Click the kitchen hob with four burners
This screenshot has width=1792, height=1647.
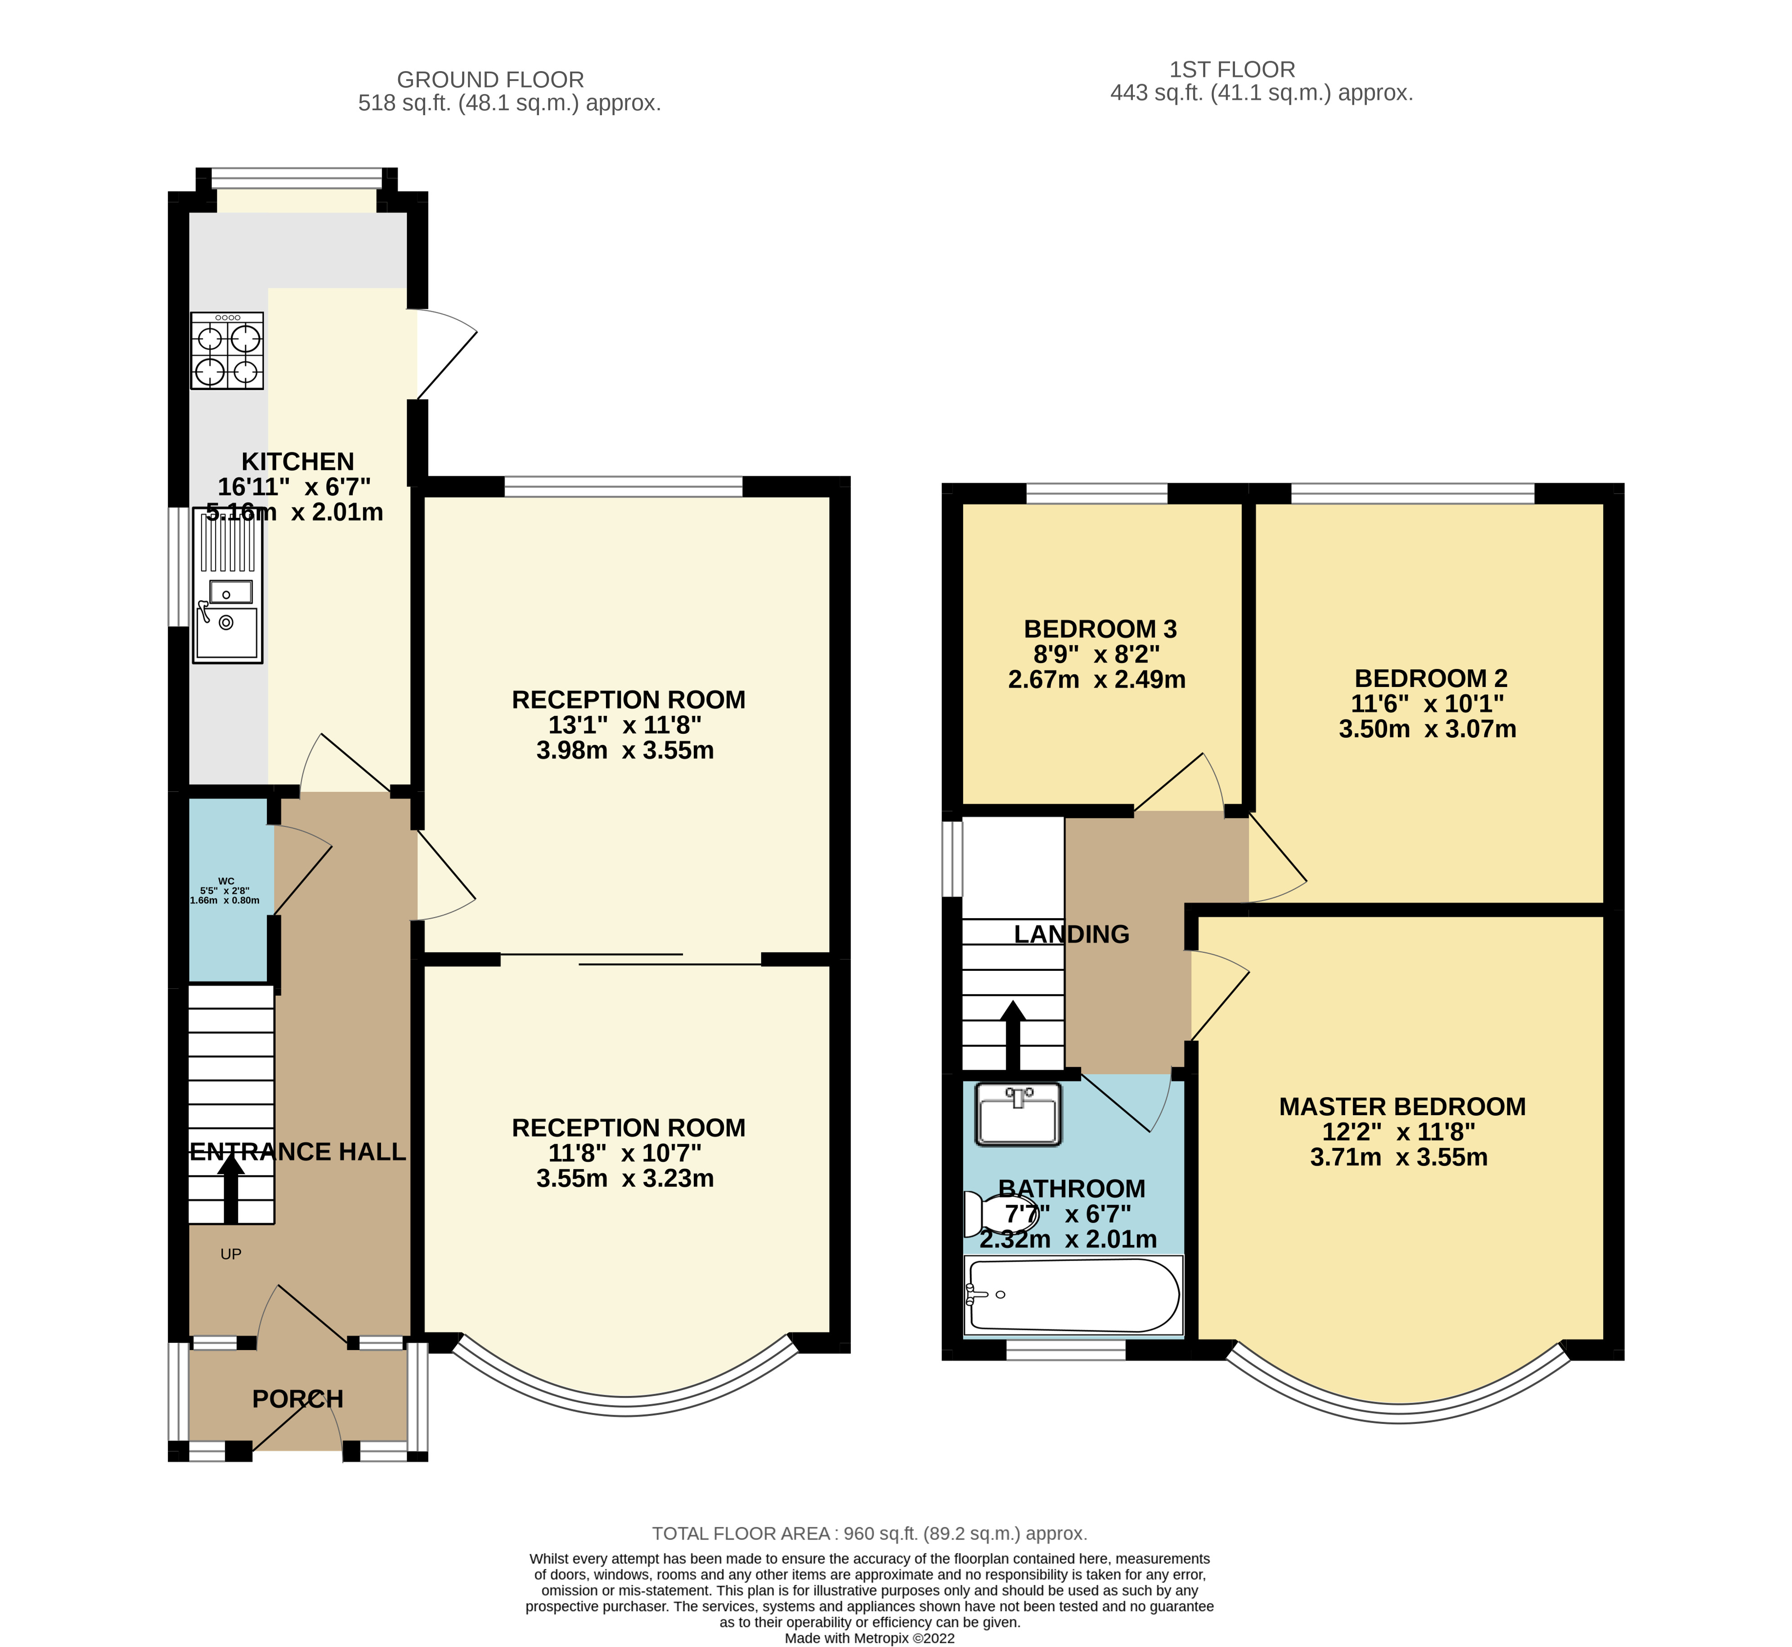pyautogui.click(x=227, y=351)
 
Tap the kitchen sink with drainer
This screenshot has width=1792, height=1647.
pyautogui.click(x=227, y=586)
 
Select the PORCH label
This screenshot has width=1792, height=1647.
pyautogui.click(x=298, y=1399)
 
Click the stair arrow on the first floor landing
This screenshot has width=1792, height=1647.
pyautogui.click(x=1012, y=1037)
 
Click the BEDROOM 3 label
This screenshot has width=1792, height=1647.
pyautogui.click(x=1100, y=629)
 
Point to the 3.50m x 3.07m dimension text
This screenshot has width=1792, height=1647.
pyautogui.click(x=1427, y=729)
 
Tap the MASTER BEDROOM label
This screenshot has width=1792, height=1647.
pyautogui.click(x=1401, y=1107)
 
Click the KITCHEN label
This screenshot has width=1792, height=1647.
pyautogui.click(x=298, y=462)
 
